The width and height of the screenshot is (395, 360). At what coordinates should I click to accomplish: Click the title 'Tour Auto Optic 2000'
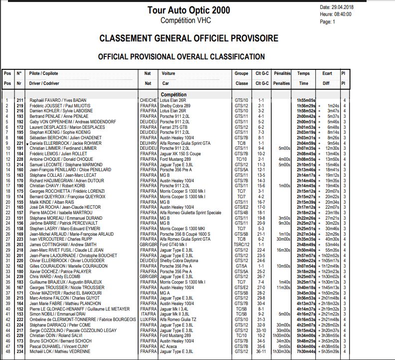click(x=189, y=10)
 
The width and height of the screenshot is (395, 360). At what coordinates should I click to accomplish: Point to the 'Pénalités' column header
click(x=282, y=73)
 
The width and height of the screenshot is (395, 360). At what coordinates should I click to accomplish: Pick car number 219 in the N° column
click(x=20, y=106)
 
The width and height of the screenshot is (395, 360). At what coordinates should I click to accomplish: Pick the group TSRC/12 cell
click(x=241, y=245)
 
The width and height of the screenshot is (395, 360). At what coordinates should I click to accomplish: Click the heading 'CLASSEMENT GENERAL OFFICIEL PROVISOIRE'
click(x=189, y=38)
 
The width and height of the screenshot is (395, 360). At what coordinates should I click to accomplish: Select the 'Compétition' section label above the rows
click(x=174, y=94)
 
